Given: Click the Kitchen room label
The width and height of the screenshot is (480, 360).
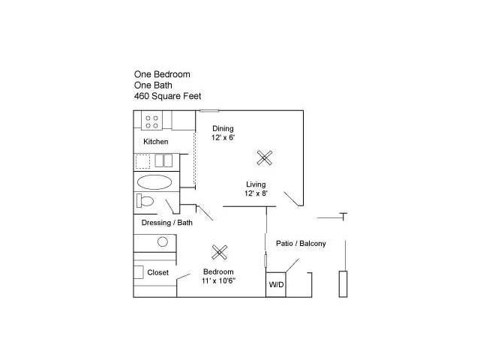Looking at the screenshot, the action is pyautogui.click(x=156, y=142).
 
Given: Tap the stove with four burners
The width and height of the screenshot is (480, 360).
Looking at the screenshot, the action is pyautogui.click(x=151, y=121).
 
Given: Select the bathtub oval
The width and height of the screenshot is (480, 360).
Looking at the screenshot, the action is pyautogui.click(x=154, y=182).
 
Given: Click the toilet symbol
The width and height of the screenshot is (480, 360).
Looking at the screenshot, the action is pyautogui.click(x=145, y=200).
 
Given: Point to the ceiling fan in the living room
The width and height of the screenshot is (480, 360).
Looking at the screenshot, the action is pyautogui.click(x=265, y=158).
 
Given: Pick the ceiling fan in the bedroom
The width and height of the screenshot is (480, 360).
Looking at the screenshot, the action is pyautogui.click(x=220, y=253).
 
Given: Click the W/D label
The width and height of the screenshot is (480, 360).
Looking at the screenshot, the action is pyautogui.click(x=277, y=285).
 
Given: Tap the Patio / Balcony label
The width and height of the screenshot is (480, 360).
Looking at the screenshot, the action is pyautogui.click(x=301, y=244).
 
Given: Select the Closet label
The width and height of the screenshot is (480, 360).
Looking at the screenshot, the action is pyautogui.click(x=158, y=272).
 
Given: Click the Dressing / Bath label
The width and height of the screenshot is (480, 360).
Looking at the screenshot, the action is pyautogui.click(x=167, y=223).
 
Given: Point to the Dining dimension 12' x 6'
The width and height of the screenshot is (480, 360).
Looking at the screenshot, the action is pyautogui.click(x=223, y=138).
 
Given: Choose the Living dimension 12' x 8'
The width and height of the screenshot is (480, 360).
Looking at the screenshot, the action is pyautogui.click(x=256, y=193).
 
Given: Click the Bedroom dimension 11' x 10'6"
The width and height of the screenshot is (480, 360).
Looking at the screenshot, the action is pyautogui.click(x=218, y=280).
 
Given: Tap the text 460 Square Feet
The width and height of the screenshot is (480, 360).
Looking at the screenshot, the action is pyautogui.click(x=168, y=96).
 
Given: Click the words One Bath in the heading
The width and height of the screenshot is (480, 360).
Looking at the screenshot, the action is pyautogui.click(x=153, y=85).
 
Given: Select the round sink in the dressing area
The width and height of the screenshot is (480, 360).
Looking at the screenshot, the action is pyautogui.click(x=163, y=241).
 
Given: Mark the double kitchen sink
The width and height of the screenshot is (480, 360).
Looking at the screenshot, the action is pyautogui.click(x=163, y=160).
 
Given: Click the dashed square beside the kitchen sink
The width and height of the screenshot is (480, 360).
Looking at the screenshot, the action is pyautogui.click(x=143, y=162).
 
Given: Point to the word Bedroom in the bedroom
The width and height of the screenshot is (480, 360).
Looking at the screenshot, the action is pyautogui.click(x=218, y=271).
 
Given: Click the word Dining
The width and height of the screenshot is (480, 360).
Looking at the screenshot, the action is pyautogui.click(x=223, y=129).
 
